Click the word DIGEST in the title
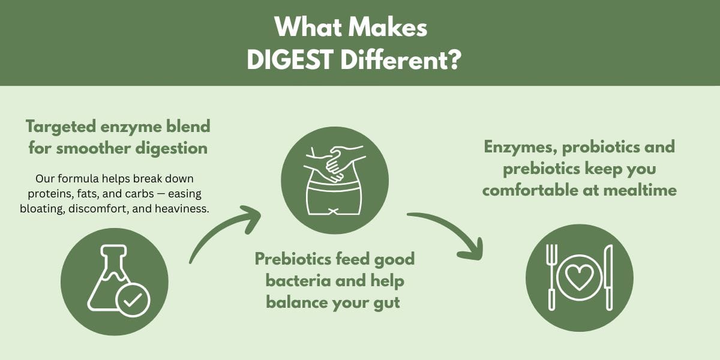(x=289, y=60)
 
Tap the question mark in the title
(x=454, y=60)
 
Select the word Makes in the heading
(x=388, y=27)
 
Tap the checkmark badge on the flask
(x=133, y=300)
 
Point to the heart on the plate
(x=579, y=277)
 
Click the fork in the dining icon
(x=551, y=277)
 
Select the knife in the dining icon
(x=608, y=277)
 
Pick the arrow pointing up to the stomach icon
(x=218, y=227)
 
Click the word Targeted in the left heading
(x=61, y=127)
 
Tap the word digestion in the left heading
(x=172, y=149)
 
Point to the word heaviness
(x=182, y=209)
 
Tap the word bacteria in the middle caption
(x=298, y=281)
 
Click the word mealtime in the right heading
(x=640, y=190)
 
